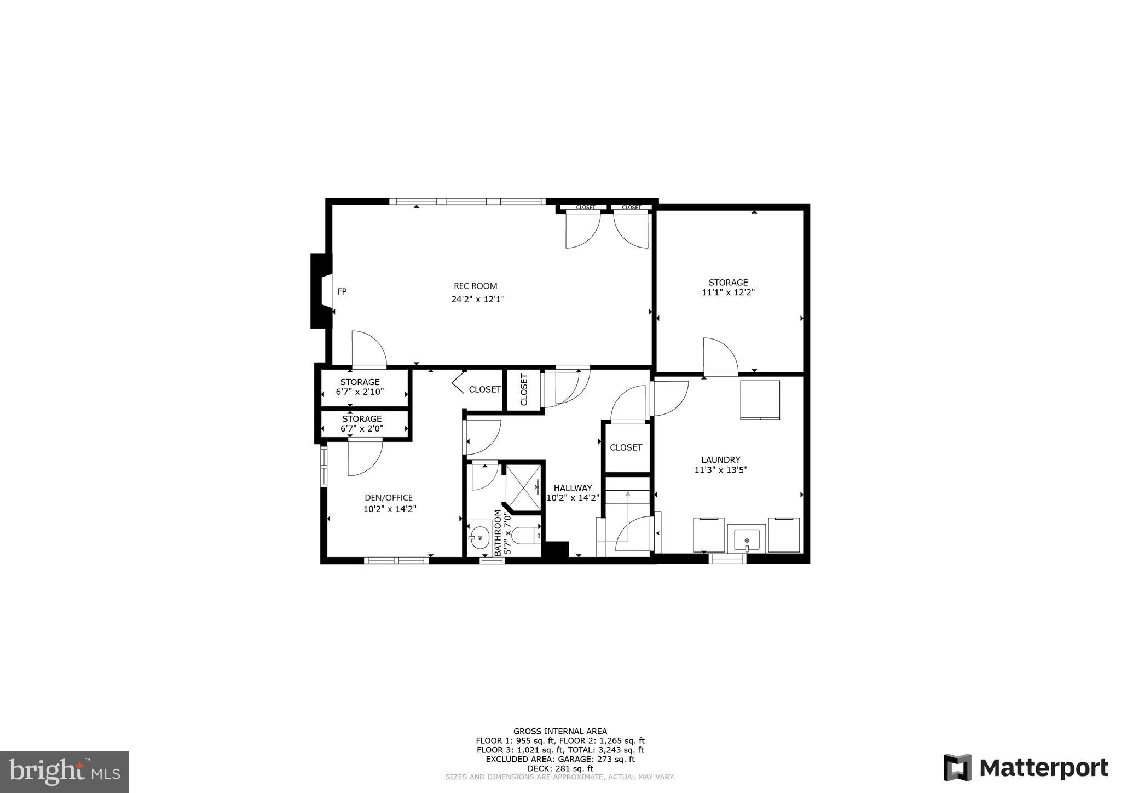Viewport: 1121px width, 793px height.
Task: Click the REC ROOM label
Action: [475, 286]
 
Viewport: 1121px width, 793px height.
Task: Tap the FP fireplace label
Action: [342, 292]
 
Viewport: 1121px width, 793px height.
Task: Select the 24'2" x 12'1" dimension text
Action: [477, 300]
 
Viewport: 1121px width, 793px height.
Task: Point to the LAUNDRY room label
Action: [721, 460]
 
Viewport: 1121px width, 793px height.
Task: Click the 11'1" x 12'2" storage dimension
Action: [728, 292]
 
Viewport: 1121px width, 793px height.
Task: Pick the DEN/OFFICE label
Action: [389, 498]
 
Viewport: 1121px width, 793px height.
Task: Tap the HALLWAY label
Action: [573, 488]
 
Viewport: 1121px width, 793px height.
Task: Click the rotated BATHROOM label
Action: [498, 532]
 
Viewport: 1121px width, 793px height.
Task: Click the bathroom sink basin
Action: [479, 537]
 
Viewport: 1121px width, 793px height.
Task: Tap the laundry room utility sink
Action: [747, 538]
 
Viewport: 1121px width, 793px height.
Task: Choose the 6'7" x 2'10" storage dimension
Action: [360, 392]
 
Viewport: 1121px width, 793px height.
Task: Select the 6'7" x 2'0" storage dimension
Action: [362, 429]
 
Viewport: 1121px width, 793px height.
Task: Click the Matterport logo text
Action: [1043, 768]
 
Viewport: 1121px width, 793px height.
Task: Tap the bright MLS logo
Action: [64, 772]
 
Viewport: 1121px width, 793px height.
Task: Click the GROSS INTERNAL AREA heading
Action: [560, 731]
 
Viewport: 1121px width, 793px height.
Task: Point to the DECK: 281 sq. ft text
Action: [560, 768]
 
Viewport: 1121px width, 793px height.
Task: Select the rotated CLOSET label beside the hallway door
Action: [524, 389]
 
